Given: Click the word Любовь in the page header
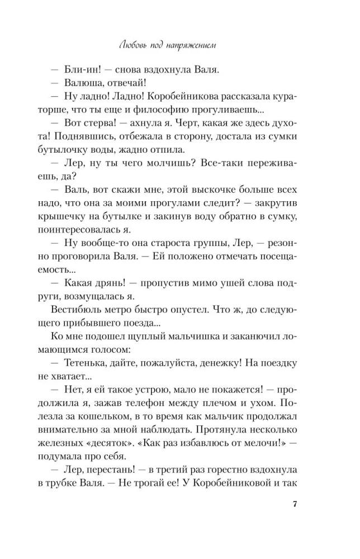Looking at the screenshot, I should (x=137, y=45).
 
